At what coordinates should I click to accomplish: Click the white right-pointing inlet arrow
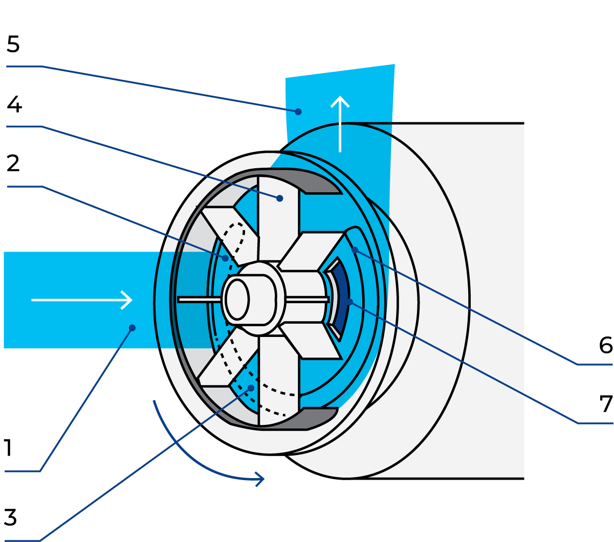[x=82, y=300]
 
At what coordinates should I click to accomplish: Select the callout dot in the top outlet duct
[x=298, y=111]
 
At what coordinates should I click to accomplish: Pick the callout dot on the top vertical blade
[x=279, y=198]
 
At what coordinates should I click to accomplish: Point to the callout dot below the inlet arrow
[x=132, y=328]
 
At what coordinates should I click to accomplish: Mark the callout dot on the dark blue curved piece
[x=349, y=302]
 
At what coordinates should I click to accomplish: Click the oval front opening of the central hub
[x=237, y=300]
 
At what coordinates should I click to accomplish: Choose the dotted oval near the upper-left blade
[x=236, y=240]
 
